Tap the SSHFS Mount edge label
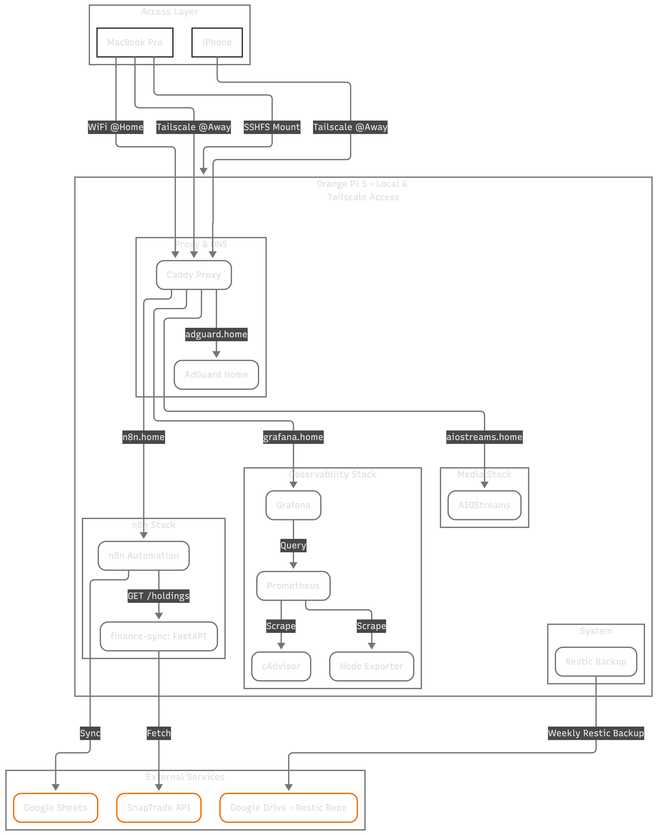(x=272, y=127)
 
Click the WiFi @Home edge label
(x=116, y=127)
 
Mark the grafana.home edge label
(x=293, y=437)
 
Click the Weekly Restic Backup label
(x=596, y=733)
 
